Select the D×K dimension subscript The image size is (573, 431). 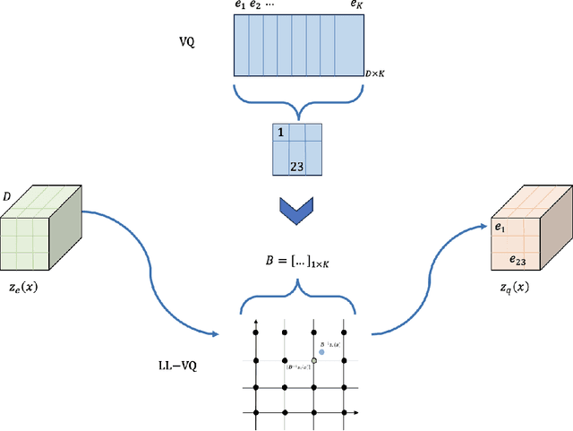click(375, 72)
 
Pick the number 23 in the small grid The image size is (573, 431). click(297, 165)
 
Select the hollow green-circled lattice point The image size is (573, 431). click(313, 360)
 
